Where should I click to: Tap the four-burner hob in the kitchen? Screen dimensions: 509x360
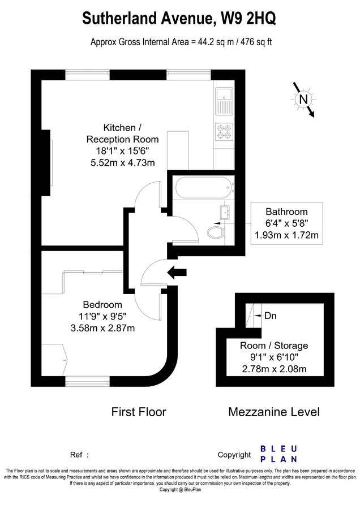point(224,131)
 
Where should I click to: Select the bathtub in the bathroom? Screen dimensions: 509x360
point(202,186)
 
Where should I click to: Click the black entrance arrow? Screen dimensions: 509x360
point(178,273)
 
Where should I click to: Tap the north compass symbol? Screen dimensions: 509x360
point(304,100)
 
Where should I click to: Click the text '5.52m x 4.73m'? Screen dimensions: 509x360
point(122,163)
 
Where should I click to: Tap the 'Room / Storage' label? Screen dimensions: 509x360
point(274,346)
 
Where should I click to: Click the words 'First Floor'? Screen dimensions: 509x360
point(139,412)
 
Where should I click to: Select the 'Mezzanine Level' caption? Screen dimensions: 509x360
point(273,412)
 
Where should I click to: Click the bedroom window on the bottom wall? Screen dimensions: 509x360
point(84,381)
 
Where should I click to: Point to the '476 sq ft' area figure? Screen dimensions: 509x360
point(253,42)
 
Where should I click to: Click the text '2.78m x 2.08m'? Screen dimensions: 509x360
point(274,369)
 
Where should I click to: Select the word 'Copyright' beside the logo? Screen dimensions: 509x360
point(234,455)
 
